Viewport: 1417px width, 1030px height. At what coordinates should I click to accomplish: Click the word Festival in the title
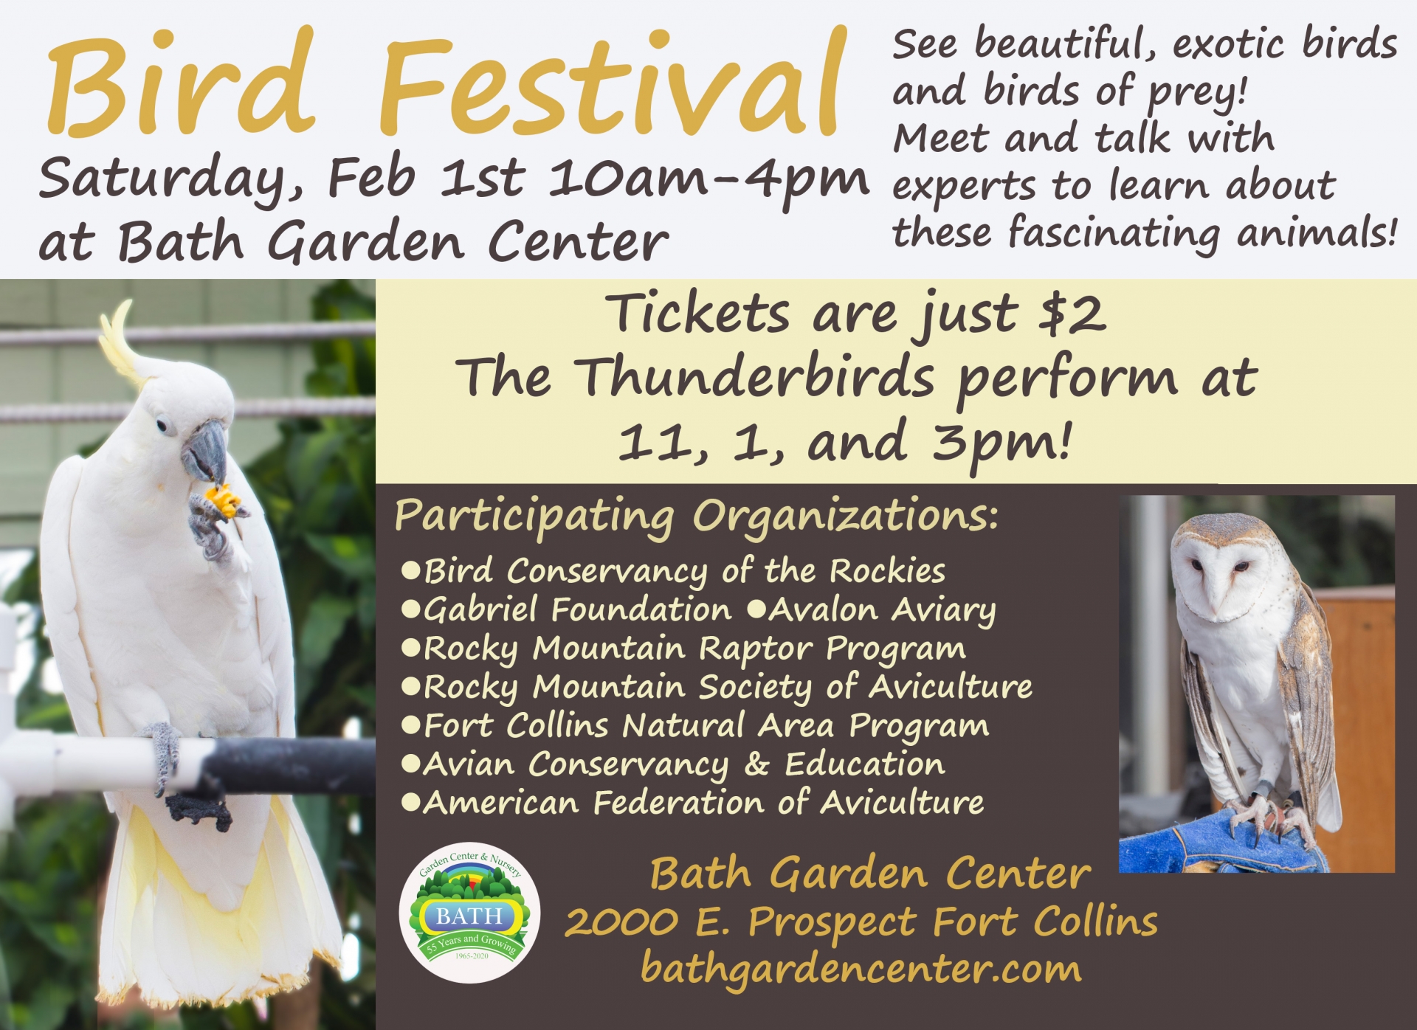coord(611,83)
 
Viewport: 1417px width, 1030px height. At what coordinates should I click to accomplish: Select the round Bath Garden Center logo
coord(469,912)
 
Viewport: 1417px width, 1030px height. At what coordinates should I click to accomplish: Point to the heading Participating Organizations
coord(696,516)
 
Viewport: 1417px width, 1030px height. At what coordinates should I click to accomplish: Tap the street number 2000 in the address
coord(622,922)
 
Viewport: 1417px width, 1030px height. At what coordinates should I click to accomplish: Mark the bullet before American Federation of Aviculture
coord(410,802)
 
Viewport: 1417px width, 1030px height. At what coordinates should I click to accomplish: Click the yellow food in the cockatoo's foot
coord(224,501)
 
